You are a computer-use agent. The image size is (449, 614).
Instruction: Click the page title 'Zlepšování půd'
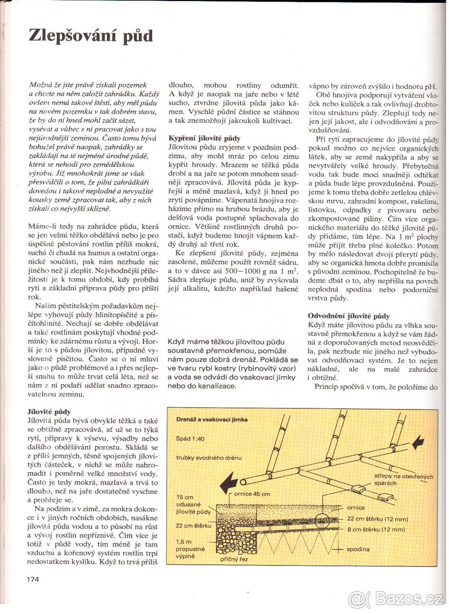click(x=90, y=36)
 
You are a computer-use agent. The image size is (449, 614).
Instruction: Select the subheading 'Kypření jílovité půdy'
click(x=204, y=138)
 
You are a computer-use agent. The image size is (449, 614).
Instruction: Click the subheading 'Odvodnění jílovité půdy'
click(x=349, y=316)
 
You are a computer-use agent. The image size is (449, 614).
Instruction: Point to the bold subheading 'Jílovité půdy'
click(x=49, y=411)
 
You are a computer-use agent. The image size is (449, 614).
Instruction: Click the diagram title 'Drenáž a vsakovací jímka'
click(x=211, y=419)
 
